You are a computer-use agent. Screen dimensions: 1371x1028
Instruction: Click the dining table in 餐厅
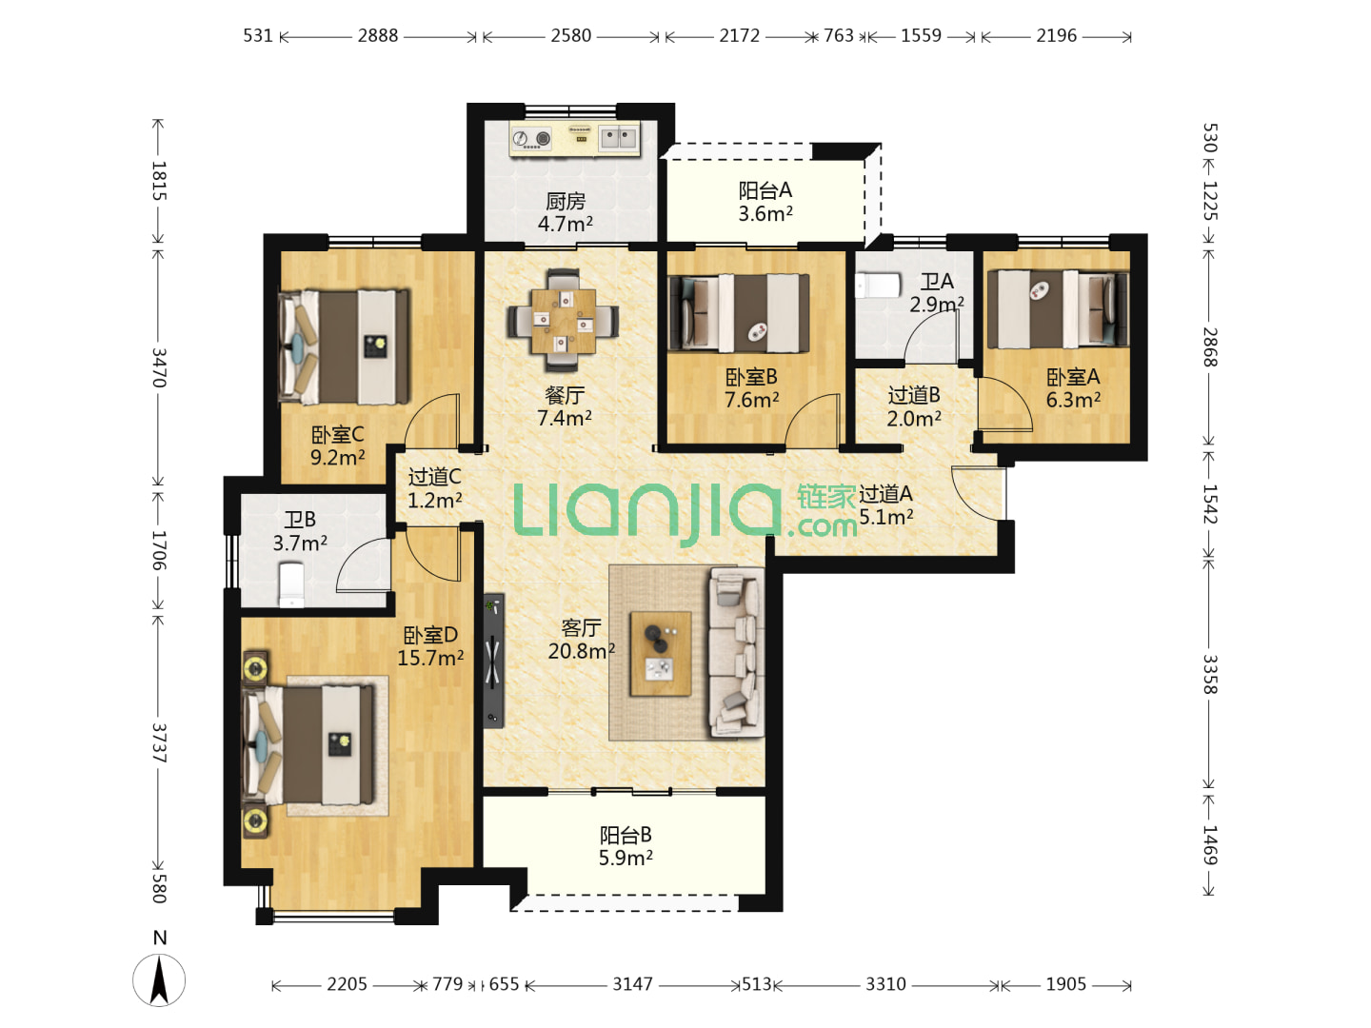(562, 320)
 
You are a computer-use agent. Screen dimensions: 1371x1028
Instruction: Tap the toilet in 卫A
(877, 286)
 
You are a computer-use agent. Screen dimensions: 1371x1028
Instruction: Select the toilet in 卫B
(290, 584)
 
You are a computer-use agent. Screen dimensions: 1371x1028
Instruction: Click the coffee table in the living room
(660, 653)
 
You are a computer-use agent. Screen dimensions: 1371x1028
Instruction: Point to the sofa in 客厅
(736, 652)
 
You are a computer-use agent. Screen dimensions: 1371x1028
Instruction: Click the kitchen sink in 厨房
(618, 137)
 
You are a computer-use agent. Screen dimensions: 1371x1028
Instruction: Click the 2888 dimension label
(377, 35)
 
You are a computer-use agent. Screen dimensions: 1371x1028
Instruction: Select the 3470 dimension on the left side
(159, 367)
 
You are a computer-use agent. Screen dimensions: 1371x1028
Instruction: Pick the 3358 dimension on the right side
(1210, 674)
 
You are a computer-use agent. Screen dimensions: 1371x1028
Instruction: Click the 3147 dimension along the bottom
(632, 984)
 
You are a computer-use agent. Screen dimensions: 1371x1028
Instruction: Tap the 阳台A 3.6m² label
(765, 202)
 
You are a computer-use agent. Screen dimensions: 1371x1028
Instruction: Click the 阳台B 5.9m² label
(626, 846)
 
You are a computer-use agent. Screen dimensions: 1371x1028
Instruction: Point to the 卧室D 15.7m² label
(430, 646)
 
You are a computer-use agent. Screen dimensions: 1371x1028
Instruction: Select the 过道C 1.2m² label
(435, 488)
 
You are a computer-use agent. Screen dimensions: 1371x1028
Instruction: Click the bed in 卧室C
(344, 346)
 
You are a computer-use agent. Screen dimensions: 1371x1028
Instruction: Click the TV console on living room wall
(493, 661)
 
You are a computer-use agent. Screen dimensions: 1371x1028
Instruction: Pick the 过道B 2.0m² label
(914, 406)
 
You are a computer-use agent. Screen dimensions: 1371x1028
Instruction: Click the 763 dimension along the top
(838, 35)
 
